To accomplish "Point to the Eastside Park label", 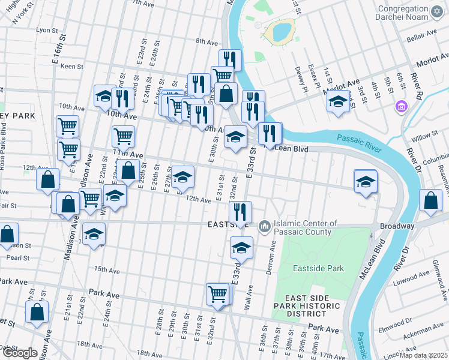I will coord(318,268).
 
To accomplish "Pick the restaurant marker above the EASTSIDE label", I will coord(240,212).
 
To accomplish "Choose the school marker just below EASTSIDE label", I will coord(241,247).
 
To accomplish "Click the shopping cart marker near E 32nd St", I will coord(217,294).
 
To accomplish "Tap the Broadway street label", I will coord(397,226).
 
